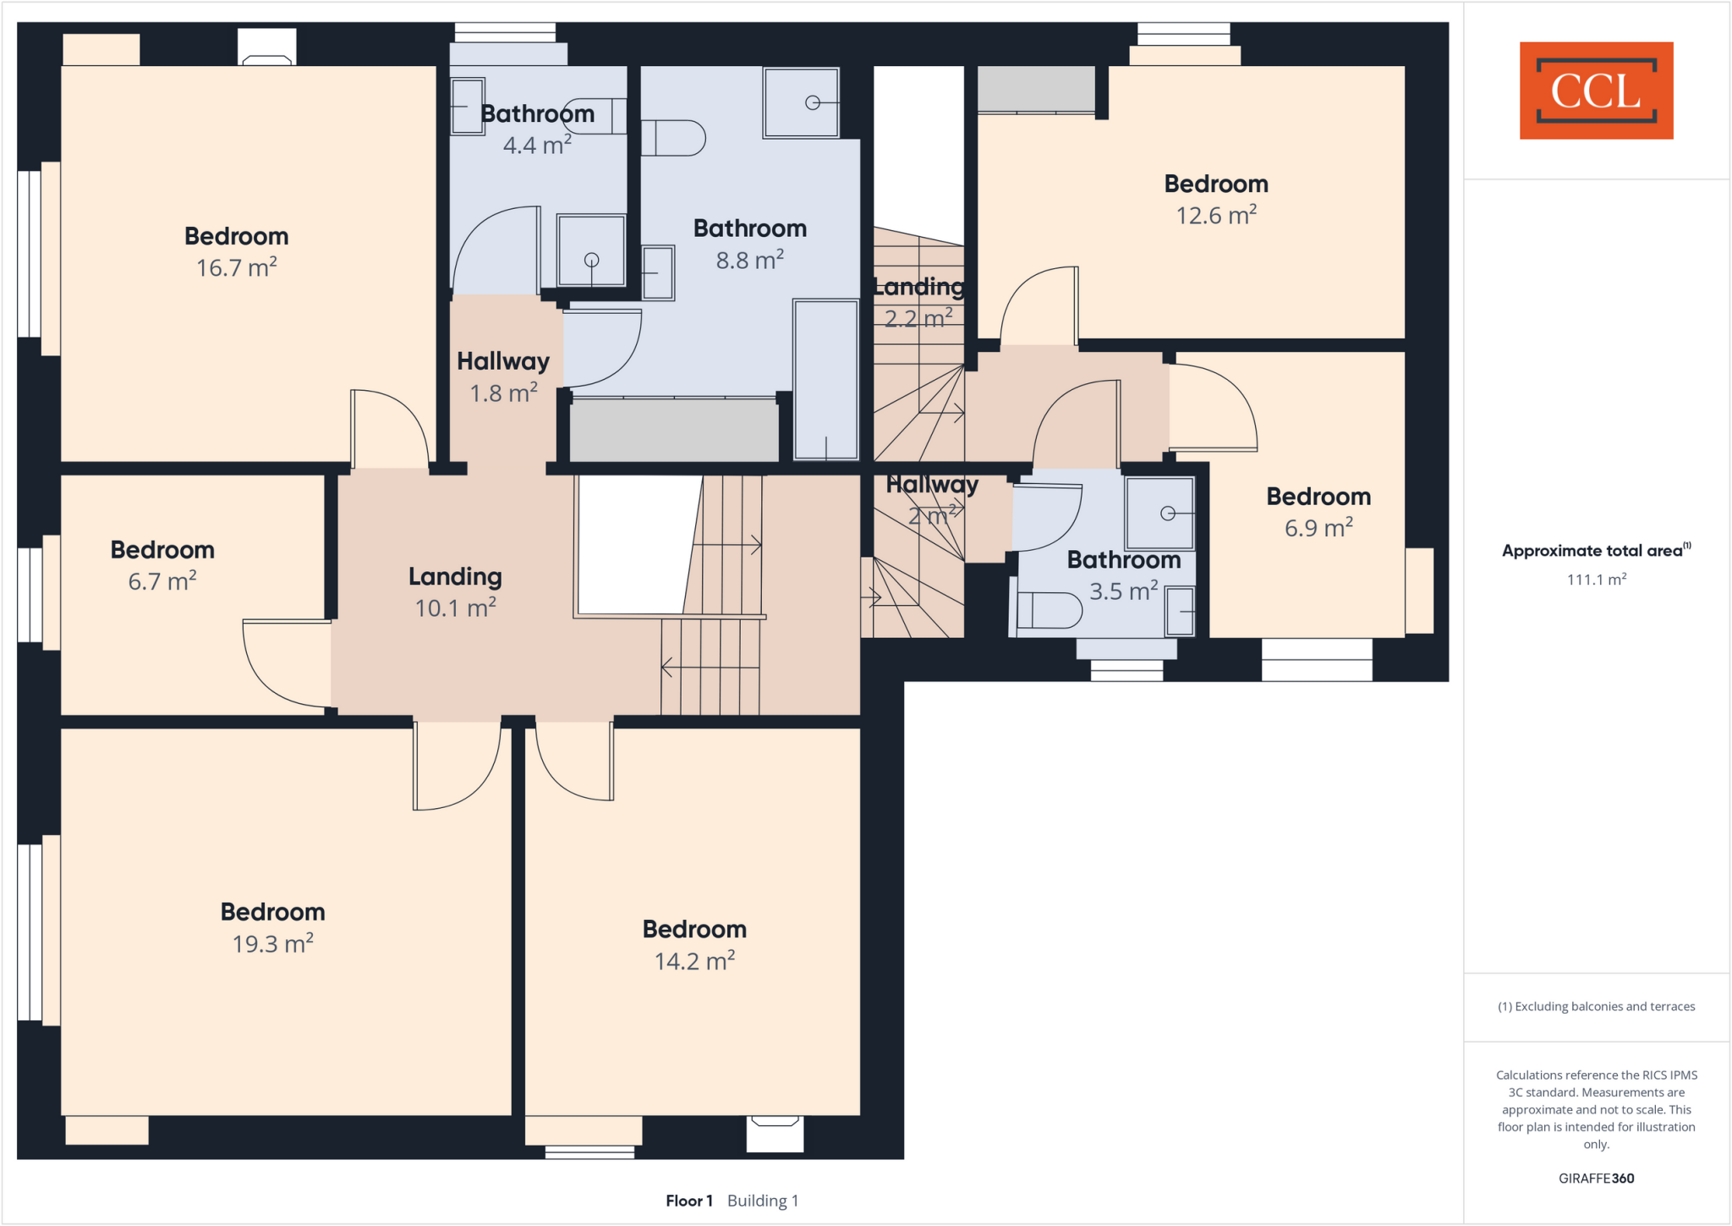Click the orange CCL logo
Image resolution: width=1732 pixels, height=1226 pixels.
[x=1596, y=91]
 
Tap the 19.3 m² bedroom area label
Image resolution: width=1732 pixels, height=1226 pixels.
[x=272, y=927]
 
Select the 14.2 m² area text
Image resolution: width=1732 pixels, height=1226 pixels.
[x=694, y=961]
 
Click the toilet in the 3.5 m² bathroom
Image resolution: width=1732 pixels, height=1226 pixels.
[x=1049, y=610]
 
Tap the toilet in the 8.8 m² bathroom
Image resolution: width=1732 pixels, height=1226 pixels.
[x=673, y=138]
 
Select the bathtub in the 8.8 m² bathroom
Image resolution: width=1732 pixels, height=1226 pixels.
[x=825, y=379]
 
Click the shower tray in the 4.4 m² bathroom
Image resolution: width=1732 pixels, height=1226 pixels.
[x=591, y=250]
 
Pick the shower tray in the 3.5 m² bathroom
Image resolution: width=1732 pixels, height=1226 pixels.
[x=1159, y=513]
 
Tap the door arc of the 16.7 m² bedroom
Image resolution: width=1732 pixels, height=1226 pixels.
[x=391, y=427]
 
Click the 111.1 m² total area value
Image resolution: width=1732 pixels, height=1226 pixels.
[x=1596, y=580]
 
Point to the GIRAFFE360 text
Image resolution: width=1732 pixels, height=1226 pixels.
[x=1596, y=1178]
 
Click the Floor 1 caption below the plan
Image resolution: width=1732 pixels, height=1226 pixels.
[x=688, y=1201]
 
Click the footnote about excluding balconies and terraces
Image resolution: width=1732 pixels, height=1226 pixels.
[x=1596, y=1006]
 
